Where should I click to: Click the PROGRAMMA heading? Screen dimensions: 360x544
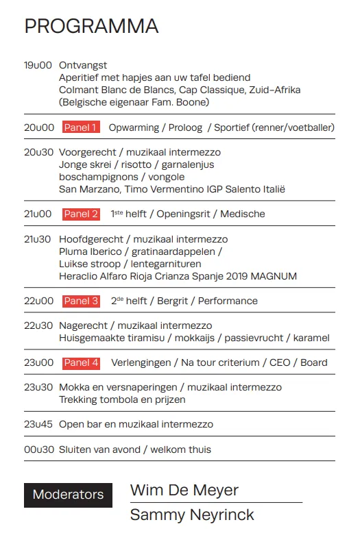click(x=91, y=26)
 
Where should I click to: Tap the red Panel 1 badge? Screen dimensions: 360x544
click(x=81, y=127)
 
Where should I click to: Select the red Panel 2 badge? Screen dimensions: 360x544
click(x=81, y=214)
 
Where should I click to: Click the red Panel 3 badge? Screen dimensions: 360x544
click(x=81, y=301)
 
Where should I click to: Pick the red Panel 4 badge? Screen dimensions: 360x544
click(x=81, y=362)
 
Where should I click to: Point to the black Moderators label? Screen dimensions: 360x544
click(x=68, y=495)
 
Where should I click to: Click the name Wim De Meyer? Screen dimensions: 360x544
click(x=184, y=491)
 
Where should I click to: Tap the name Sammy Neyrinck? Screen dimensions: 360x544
click(x=192, y=515)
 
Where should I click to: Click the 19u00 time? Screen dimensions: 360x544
click(x=38, y=65)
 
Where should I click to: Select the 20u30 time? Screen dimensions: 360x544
click(x=38, y=152)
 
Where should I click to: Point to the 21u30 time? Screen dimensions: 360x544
click(x=38, y=239)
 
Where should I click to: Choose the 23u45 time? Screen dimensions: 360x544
click(x=38, y=424)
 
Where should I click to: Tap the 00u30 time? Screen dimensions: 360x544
click(x=38, y=449)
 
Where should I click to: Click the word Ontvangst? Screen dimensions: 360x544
click(x=83, y=65)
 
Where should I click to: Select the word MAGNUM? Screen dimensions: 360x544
click(x=276, y=276)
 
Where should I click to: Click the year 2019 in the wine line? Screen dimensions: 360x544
click(x=233, y=276)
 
